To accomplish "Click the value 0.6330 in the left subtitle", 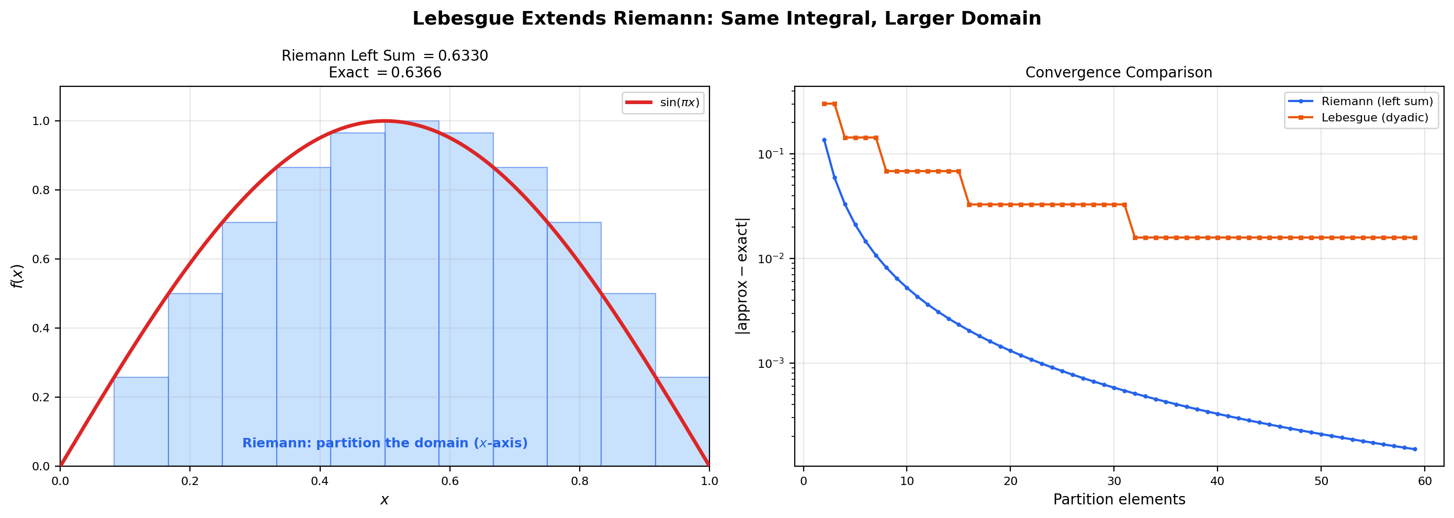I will pos(463,56).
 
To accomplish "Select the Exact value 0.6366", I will pos(416,73).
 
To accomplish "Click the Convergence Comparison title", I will pos(1118,73).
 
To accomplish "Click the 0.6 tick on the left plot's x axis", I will pos(449,481).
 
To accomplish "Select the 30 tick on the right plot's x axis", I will pos(1113,481).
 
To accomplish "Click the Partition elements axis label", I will pos(1119,500).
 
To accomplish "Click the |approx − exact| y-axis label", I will pos(742,276).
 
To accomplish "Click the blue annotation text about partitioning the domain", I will pos(385,444).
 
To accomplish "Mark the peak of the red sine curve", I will pos(385,121).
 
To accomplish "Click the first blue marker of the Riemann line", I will pos(824,140).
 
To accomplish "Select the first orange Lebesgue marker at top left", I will pos(824,104).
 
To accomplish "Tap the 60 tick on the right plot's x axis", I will pos(1425,481).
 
